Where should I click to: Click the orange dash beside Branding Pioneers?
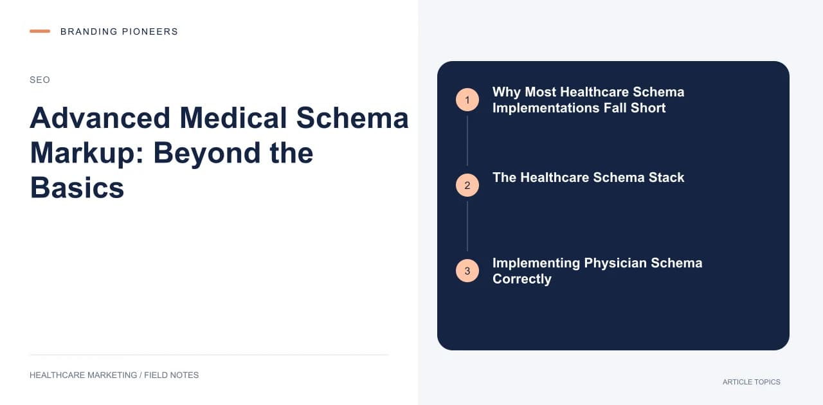coord(40,32)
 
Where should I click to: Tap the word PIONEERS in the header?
coord(150,32)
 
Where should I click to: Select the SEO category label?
coord(40,80)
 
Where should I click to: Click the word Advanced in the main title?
coord(100,118)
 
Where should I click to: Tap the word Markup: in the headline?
coord(87,153)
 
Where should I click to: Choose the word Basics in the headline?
coord(77,188)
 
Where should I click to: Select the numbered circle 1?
coord(467,100)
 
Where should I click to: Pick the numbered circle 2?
coord(467,185)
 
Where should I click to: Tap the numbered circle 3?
coord(467,271)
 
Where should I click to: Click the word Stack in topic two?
coord(666,177)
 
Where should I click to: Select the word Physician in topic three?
coord(615,263)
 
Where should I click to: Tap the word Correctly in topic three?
coord(521,279)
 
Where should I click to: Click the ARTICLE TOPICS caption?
coord(752,382)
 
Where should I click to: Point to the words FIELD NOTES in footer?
coord(171,375)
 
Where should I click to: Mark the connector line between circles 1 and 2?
coord(467,141)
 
